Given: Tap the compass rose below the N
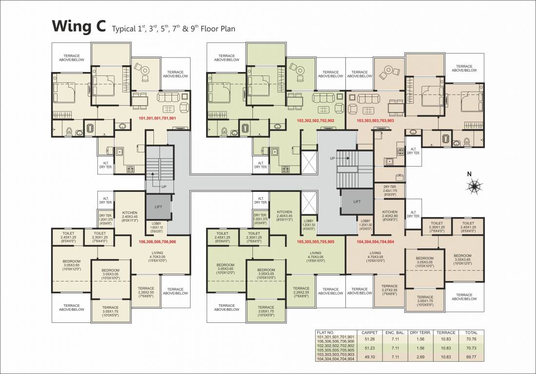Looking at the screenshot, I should click(x=473, y=185).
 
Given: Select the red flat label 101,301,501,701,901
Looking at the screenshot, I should click(x=158, y=118).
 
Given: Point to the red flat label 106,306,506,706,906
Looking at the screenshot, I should click(x=157, y=242).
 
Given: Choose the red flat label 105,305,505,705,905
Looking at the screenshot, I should click(x=316, y=242).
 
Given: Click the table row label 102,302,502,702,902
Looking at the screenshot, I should click(x=336, y=345).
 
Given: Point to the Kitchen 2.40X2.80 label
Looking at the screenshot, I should click(x=390, y=214).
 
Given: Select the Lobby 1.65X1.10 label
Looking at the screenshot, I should click(x=156, y=227).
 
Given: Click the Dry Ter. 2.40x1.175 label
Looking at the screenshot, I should click(x=390, y=190).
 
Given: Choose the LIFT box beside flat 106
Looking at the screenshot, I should click(x=158, y=206).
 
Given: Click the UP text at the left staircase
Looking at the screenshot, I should click(x=164, y=187).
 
